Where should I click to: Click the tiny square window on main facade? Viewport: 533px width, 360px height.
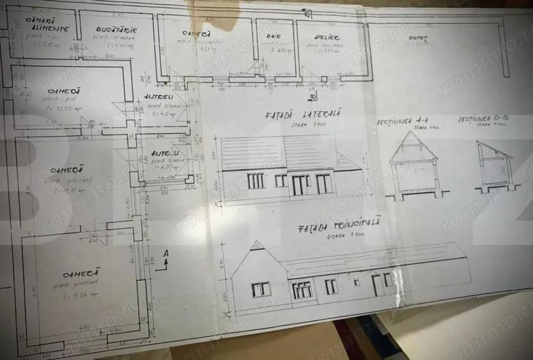click(357, 281)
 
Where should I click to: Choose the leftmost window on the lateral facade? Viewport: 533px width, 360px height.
click(256, 181)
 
